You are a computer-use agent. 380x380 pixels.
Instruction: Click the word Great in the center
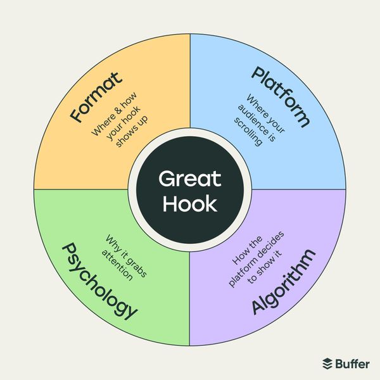coord(190,179)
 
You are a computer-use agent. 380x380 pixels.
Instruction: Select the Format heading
coord(96,97)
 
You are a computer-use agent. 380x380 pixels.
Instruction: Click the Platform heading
coord(281,96)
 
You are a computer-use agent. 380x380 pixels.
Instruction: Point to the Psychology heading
coord(99,282)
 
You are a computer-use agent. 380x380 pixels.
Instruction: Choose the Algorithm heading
coord(284,282)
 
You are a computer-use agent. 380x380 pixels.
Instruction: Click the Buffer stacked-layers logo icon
coord(327,364)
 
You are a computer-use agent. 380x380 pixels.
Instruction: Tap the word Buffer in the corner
coord(353,364)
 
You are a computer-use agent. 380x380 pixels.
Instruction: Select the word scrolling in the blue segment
coord(248,132)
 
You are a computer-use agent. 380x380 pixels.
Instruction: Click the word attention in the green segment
coord(117,265)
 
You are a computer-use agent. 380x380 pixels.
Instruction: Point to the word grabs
coord(137,267)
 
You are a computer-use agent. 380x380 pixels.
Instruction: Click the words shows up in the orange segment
coord(132,132)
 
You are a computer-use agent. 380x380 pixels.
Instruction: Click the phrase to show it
coord(265,267)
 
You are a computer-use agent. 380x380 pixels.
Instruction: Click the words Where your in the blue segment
coord(265,113)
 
